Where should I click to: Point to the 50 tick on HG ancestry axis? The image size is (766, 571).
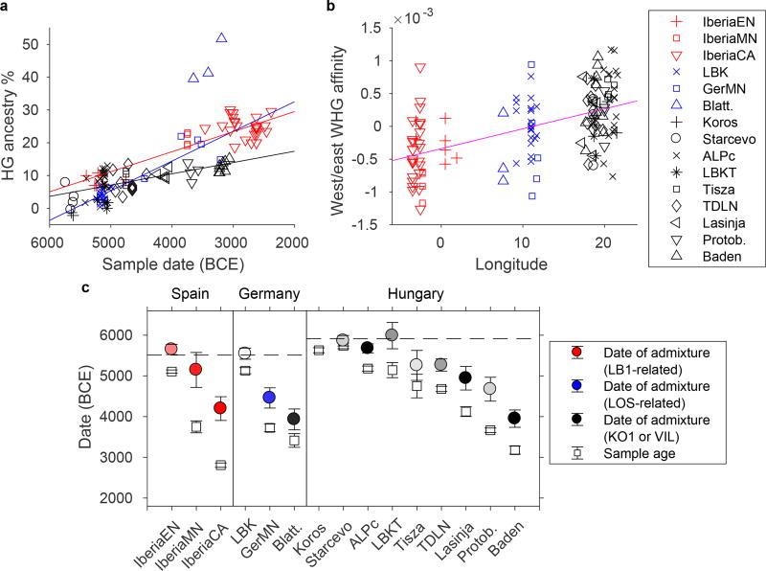(x=34, y=44)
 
